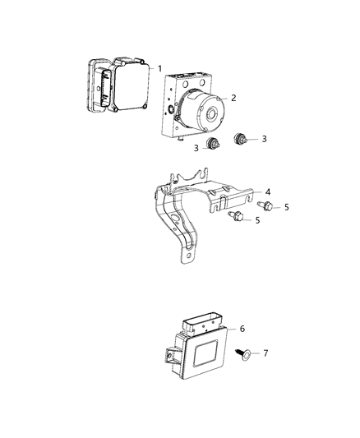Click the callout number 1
[159, 68]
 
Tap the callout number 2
[233, 98]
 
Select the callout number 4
[268, 192]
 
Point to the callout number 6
[242, 329]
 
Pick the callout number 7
[265, 353]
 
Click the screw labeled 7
[242, 354]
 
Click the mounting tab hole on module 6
[169, 356]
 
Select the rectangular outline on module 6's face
[205, 353]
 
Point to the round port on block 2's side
[170, 109]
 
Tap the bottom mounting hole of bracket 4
[189, 256]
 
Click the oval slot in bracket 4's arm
[174, 219]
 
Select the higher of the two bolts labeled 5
[265, 206]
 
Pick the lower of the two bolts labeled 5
[236, 216]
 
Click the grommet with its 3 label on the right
[240, 139]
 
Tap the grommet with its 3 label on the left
[213, 144]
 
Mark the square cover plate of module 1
[131, 85]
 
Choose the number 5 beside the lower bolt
[257, 220]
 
